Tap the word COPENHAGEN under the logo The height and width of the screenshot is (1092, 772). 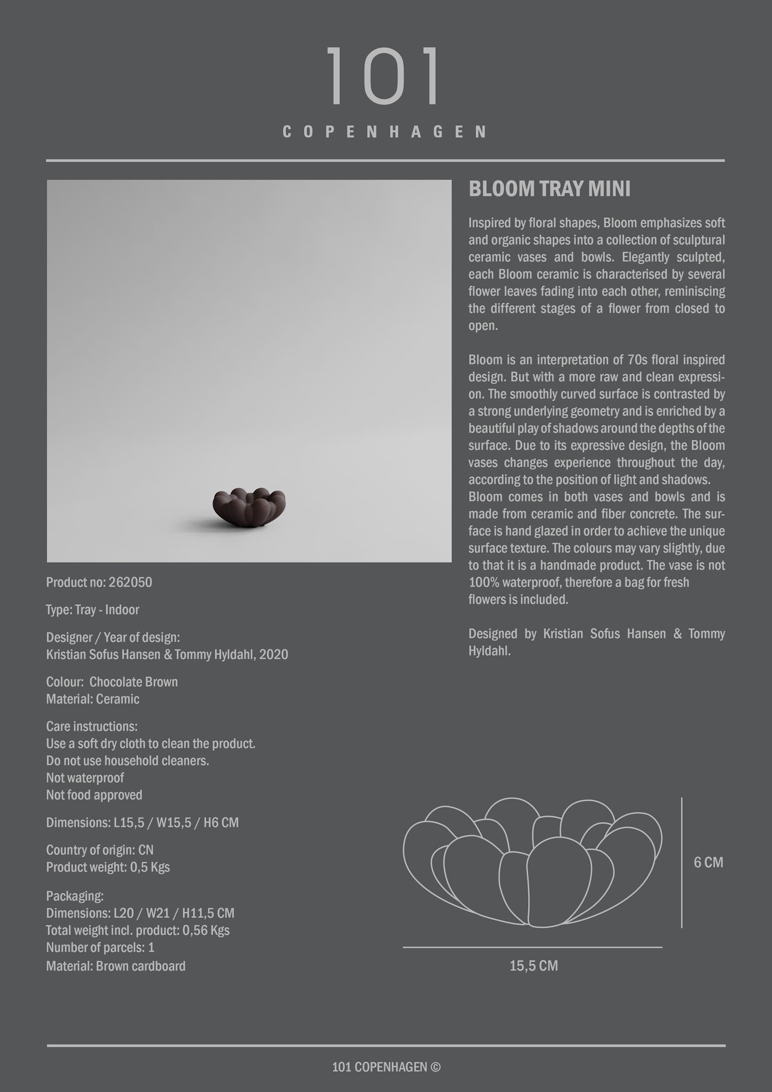click(384, 132)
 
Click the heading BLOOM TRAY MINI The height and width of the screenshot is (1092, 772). click(549, 189)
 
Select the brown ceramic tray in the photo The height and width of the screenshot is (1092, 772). click(249, 507)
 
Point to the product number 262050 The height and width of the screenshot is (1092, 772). click(130, 582)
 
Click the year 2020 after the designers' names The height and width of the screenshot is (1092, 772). click(274, 655)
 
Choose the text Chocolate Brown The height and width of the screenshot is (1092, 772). click(134, 682)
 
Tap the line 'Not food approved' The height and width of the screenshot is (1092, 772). click(94, 795)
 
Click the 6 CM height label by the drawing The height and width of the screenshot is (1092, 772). click(708, 862)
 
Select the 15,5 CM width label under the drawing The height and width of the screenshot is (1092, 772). click(533, 965)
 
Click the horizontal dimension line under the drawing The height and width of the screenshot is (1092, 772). click(532, 947)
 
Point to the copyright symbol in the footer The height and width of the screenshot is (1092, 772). click(435, 1067)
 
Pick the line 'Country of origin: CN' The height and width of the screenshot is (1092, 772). click(100, 850)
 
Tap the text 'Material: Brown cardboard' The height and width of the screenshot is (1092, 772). click(116, 966)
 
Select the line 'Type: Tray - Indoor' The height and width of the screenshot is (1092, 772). click(93, 610)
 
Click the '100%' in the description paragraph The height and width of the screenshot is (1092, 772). click(483, 582)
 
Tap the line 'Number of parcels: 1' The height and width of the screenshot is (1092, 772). click(100, 947)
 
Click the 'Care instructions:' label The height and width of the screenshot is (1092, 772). click(92, 726)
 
